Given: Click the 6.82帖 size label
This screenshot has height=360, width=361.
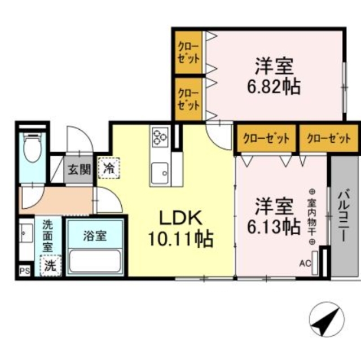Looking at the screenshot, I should click(x=272, y=86).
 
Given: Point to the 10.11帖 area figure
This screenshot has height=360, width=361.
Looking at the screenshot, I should click(x=180, y=240).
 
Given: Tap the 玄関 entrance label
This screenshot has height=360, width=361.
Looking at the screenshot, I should click(x=80, y=168).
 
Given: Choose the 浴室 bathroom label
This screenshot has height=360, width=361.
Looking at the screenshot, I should click(x=95, y=236).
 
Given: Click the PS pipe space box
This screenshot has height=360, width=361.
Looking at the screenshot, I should click(x=25, y=271).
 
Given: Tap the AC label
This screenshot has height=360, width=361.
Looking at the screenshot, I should click(x=305, y=263).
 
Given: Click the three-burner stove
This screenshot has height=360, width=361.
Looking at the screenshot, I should click(x=160, y=135).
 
